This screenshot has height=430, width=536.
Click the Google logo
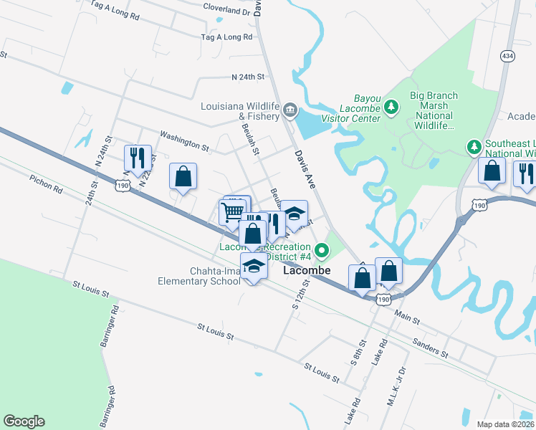click(x=24, y=421)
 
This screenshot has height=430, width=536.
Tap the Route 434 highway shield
click(x=507, y=56)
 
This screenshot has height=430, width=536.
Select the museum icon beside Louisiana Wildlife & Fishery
click(x=289, y=110)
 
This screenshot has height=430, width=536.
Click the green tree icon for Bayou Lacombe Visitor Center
click(x=391, y=107)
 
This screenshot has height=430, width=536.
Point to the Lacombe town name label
click(x=306, y=271)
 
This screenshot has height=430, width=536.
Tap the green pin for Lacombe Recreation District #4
click(x=322, y=251)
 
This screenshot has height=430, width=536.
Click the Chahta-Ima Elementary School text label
click(x=199, y=276)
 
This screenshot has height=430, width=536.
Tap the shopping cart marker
click(x=231, y=213)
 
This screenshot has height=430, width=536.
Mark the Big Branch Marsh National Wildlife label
click(x=434, y=110)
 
